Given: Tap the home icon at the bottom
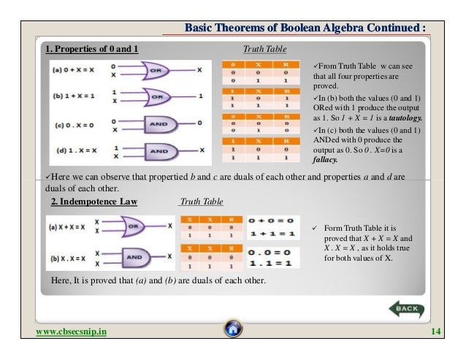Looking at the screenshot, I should coord(233,329).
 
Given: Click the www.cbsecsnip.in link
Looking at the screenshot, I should coord(71,333).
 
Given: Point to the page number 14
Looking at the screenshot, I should coord(437,333).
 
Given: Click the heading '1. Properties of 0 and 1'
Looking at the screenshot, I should coord(92,50).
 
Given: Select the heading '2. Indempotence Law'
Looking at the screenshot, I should coord(93,201).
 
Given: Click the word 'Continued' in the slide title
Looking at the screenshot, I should coord(387,29).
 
